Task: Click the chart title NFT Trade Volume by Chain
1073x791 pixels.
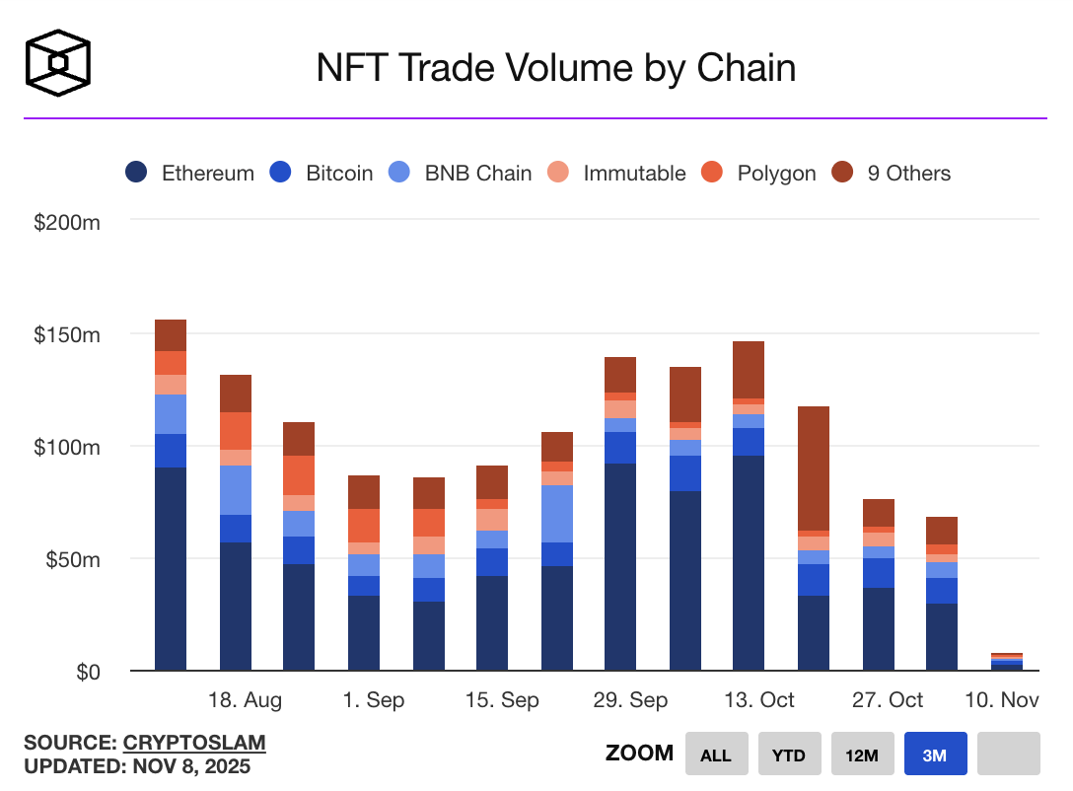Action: (x=555, y=68)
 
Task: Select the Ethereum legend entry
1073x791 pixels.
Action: (x=190, y=174)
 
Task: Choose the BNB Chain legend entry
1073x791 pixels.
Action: (x=462, y=174)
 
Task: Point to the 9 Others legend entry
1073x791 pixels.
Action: (x=893, y=174)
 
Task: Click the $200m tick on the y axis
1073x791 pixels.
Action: (x=68, y=222)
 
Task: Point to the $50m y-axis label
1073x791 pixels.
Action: (x=72, y=559)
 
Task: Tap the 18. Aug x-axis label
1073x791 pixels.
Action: (x=245, y=700)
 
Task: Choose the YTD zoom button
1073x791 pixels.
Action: (x=789, y=755)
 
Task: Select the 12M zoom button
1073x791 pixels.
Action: (x=862, y=755)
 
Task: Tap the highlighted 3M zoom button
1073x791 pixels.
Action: (x=935, y=755)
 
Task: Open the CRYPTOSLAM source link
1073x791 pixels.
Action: (x=194, y=743)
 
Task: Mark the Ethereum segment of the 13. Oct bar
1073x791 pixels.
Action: (x=749, y=562)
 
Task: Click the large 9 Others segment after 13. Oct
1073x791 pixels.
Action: (x=814, y=468)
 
